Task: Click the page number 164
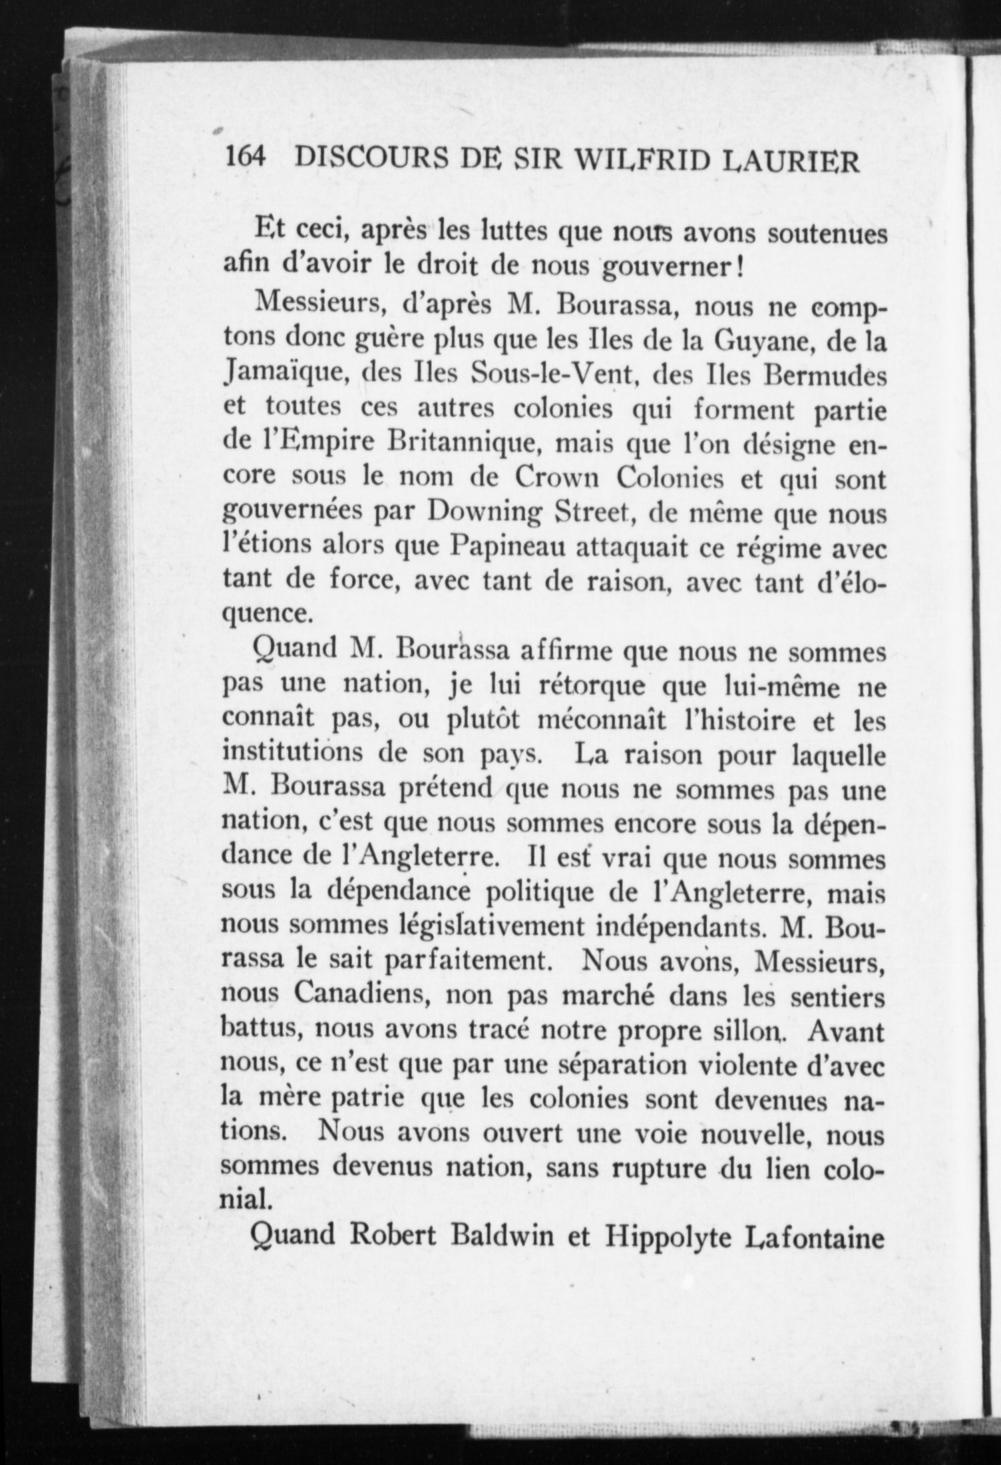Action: pos(246,158)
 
